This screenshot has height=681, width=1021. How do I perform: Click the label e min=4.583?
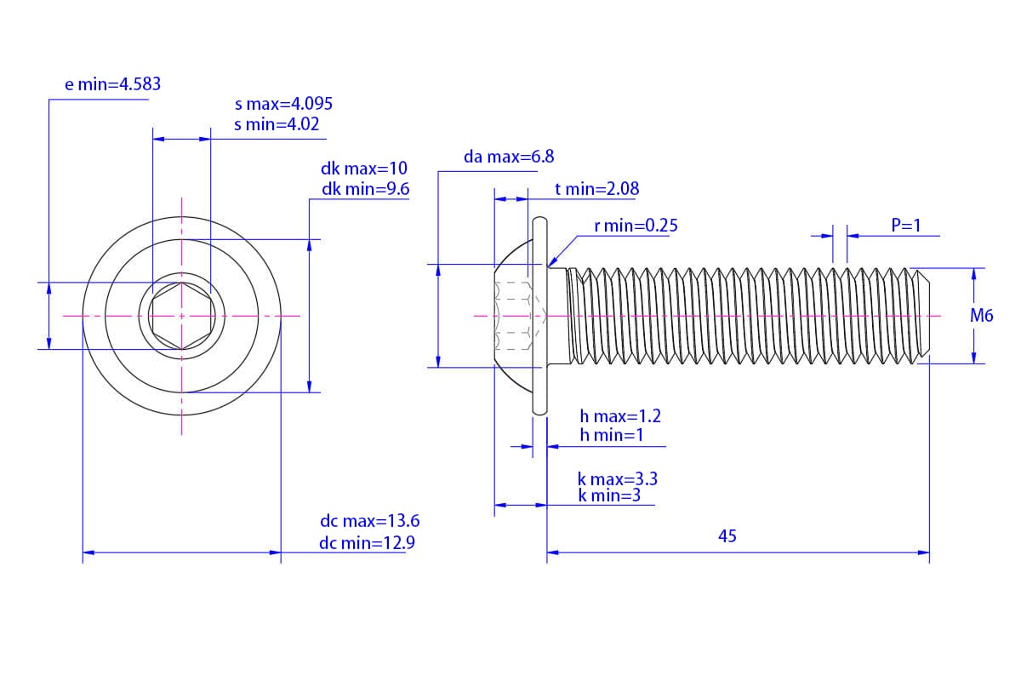[x=112, y=84]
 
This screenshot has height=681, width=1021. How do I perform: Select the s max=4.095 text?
[x=283, y=104]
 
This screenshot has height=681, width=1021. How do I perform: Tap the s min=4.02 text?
[x=277, y=124]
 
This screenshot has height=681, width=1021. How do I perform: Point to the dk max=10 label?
[x=364, y=169]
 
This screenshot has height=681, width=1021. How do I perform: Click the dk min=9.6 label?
[x=366, y=189]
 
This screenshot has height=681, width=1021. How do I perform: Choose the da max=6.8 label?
[x=509, y=157]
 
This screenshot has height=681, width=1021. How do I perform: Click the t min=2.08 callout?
[x=596, y=189]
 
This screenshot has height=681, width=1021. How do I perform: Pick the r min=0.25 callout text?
[x=636, y=226]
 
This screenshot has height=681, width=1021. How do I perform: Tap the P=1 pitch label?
[x=906, y=226]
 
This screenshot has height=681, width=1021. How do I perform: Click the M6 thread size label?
[x=982, y=316]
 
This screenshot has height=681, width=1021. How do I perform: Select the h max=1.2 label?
[x=620, y=416]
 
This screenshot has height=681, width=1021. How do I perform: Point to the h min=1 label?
[x=611, y=436]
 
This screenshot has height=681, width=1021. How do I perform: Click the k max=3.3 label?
[x=618, y=479]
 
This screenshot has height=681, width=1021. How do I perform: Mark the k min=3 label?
[x=609, y=495]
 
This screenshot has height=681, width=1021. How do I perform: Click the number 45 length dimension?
[x=727, y=536]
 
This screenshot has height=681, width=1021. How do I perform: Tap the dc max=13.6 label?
[x=369, y=522]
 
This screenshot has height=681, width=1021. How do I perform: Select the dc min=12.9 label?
[x=368, y=543]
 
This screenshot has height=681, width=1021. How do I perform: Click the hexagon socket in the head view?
[x=181, y=316]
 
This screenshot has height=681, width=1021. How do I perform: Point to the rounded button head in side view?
[x=512, y=316]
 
